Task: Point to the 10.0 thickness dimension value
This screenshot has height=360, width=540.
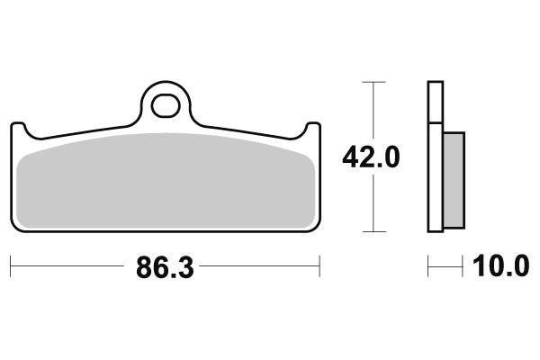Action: tap(497, 267)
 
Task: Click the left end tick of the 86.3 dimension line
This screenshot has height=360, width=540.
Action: tap(10, 267)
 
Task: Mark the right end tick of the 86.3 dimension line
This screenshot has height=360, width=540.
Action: tap(319, 267)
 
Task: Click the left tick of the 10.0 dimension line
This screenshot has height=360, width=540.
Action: tap(428, 267)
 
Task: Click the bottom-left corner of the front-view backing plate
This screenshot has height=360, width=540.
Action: tap(14, 229)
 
